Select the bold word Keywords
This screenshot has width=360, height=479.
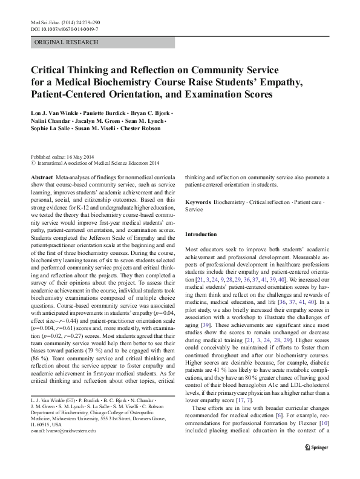point(198,201)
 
